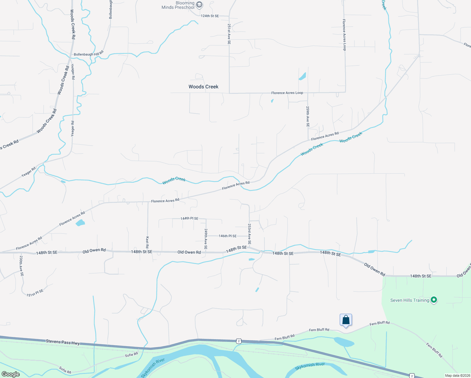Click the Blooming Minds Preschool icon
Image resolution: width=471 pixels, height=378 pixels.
pyautogui.click(x=199, y=5)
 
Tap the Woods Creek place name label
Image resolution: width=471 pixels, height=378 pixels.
pyautogui.click(x=203, y=87)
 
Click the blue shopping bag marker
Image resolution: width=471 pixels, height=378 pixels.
pyautogui.click(x=346, y=320)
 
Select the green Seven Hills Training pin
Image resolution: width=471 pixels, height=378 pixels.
pyautogui.click(x=434, y=300)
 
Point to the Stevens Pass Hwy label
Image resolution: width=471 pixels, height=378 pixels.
pyautogui.click(x=63, y=342)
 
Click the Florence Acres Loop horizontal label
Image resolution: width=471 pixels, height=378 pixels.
pyautogui.click(x=287, y=93)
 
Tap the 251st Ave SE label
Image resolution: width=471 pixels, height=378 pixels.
pyautogui.click(x=229, y=34)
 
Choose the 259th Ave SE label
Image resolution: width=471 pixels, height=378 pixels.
pyautogui.click(x=308, y=117)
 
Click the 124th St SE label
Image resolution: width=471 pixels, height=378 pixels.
pyautogui.click(x=210, y=16)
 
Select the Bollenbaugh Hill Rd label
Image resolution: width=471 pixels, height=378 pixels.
pyautogui.click(x=88, y=54)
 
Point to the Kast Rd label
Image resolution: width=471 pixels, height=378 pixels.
pyautogui.click(x=147, y=242)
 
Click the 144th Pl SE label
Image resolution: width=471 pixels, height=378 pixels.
pyautogui.click(x=189, y=218)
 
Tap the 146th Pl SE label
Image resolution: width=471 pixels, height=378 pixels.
pyautogui.click(x=228, y=236)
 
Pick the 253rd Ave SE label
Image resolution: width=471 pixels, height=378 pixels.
pyautogui.click(x=249, y=234)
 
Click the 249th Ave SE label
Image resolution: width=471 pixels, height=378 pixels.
pyautogui.click(x=206, y=239)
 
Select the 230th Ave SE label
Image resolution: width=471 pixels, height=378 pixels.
pyautogui.click(x=21, y=266)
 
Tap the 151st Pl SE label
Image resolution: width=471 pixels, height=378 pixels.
pyautogui.click(x=35, y=293)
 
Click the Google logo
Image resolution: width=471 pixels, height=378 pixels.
pyautogui.click(x=10, y=374)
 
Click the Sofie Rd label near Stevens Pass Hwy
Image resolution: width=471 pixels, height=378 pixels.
pyautogui.click(x=131, y=355)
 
